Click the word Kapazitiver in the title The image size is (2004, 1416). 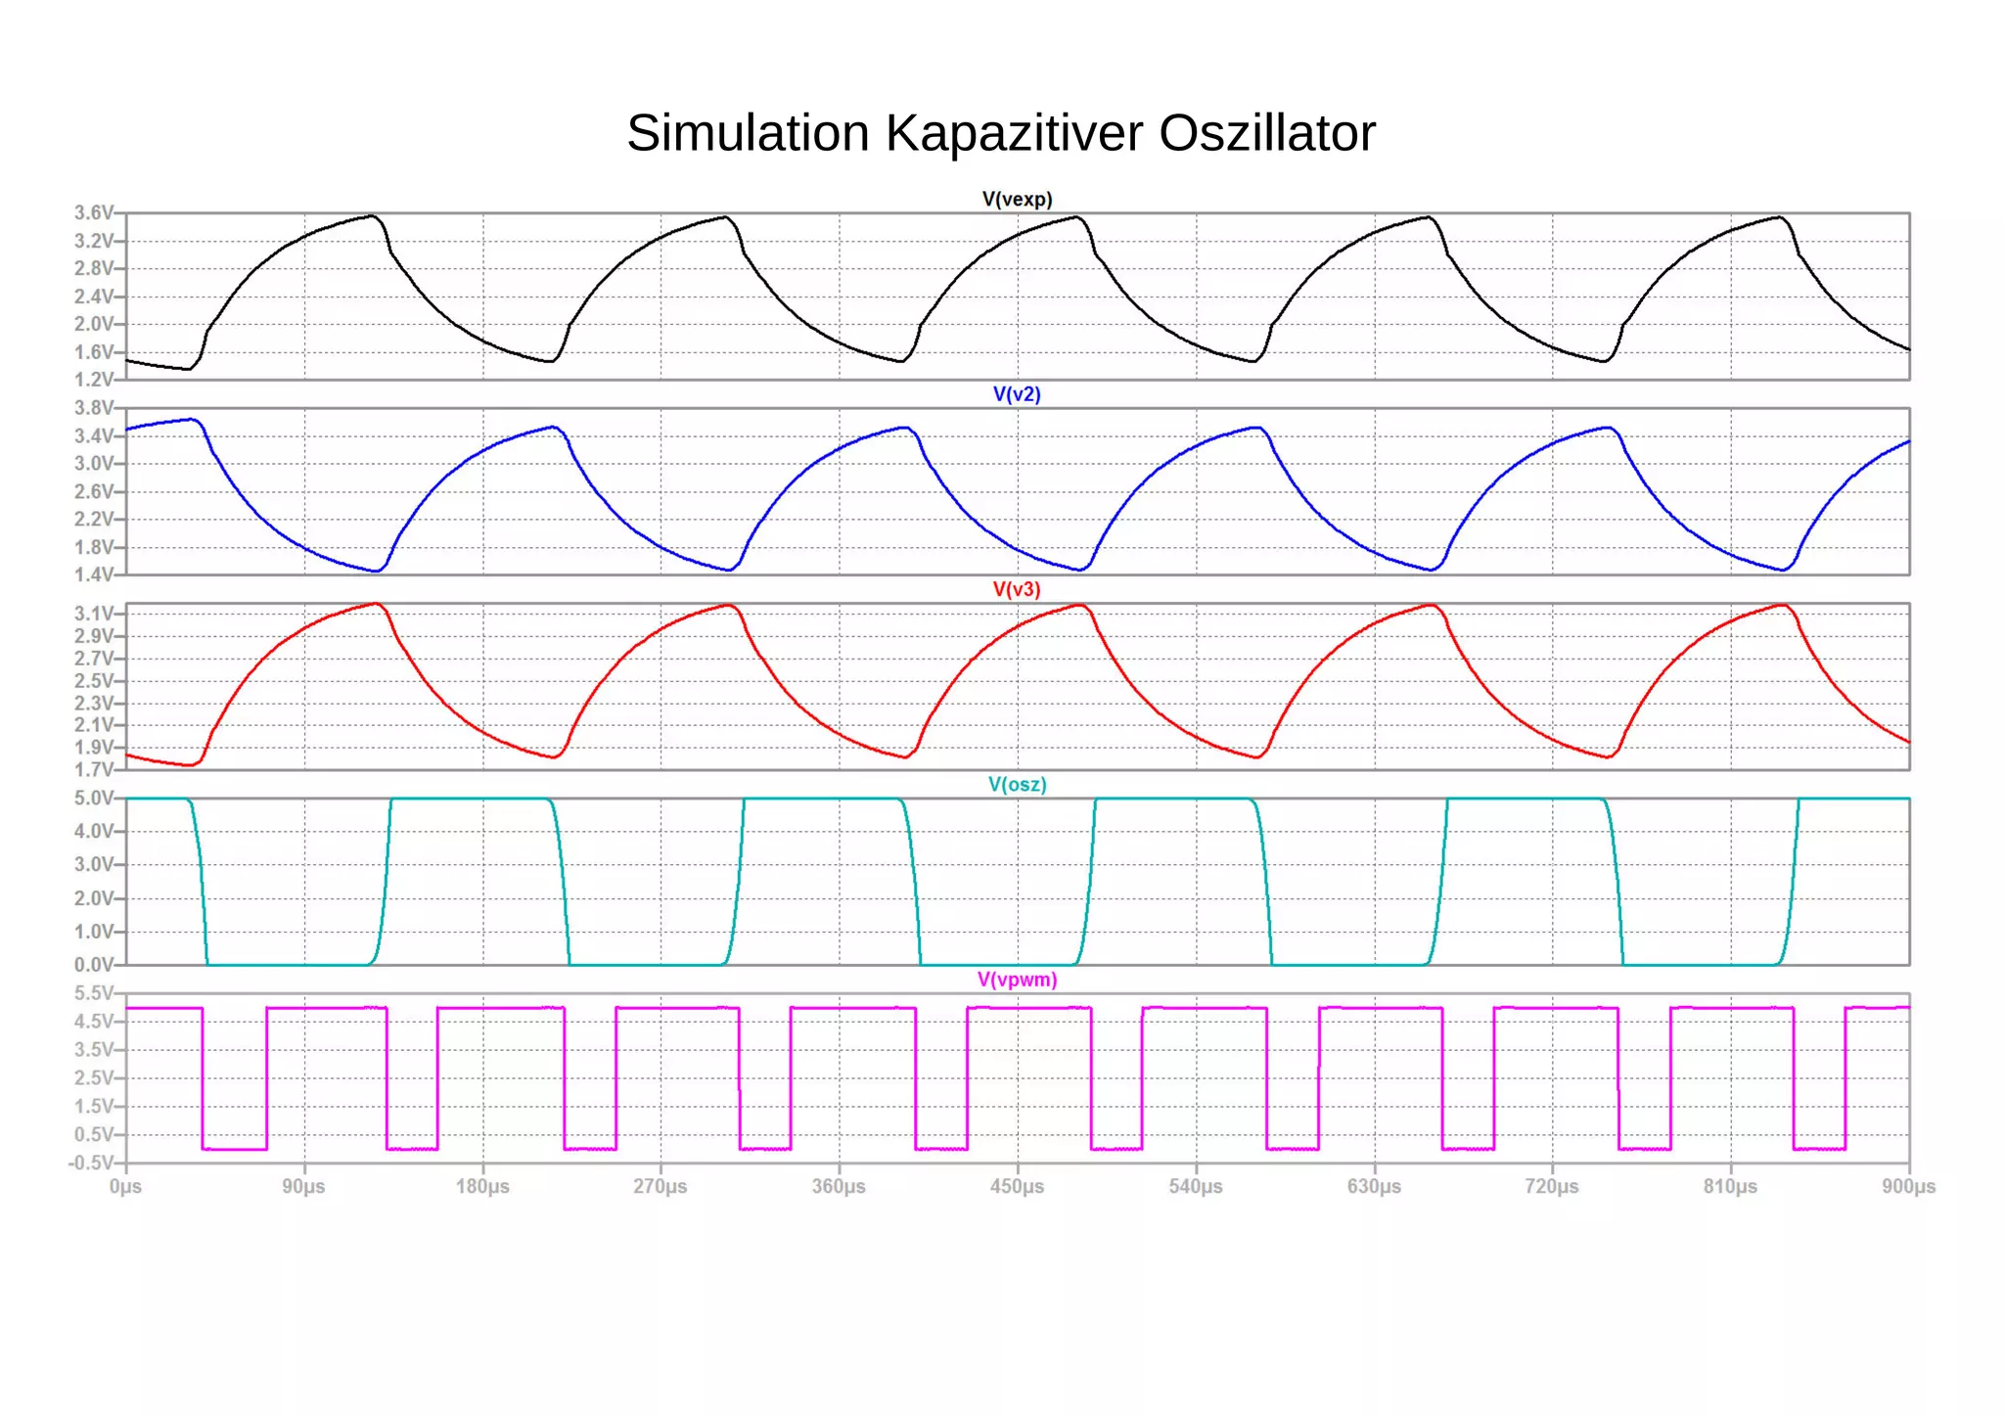click(1014, 133)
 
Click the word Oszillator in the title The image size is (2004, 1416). click(1267, 133)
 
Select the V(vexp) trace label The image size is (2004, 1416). click(1017, 200)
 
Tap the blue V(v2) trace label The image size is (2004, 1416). click(1017, 394)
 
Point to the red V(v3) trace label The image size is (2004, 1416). click(1017, 589)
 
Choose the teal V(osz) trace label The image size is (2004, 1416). click(1017, 785)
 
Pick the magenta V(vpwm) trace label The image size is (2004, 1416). click(1017, 980)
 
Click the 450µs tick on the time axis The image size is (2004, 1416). click(1017, 1187)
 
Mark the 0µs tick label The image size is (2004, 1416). click(125, 1187)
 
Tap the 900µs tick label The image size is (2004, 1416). click(1908, 1187)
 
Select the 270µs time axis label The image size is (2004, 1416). click(660, 1187)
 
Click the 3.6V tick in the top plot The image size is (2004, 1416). click(94, 213)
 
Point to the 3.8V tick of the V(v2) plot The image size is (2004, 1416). click(94, 408)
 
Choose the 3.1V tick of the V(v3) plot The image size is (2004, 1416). click(94, 614)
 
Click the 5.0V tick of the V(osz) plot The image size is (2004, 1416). click(94, 799)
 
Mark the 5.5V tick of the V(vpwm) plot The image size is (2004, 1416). click(94, 993)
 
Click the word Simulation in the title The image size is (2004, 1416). click(748, 133)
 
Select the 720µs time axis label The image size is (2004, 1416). click(1552, 1187)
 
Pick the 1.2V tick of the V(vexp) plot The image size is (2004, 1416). click(94, 380)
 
